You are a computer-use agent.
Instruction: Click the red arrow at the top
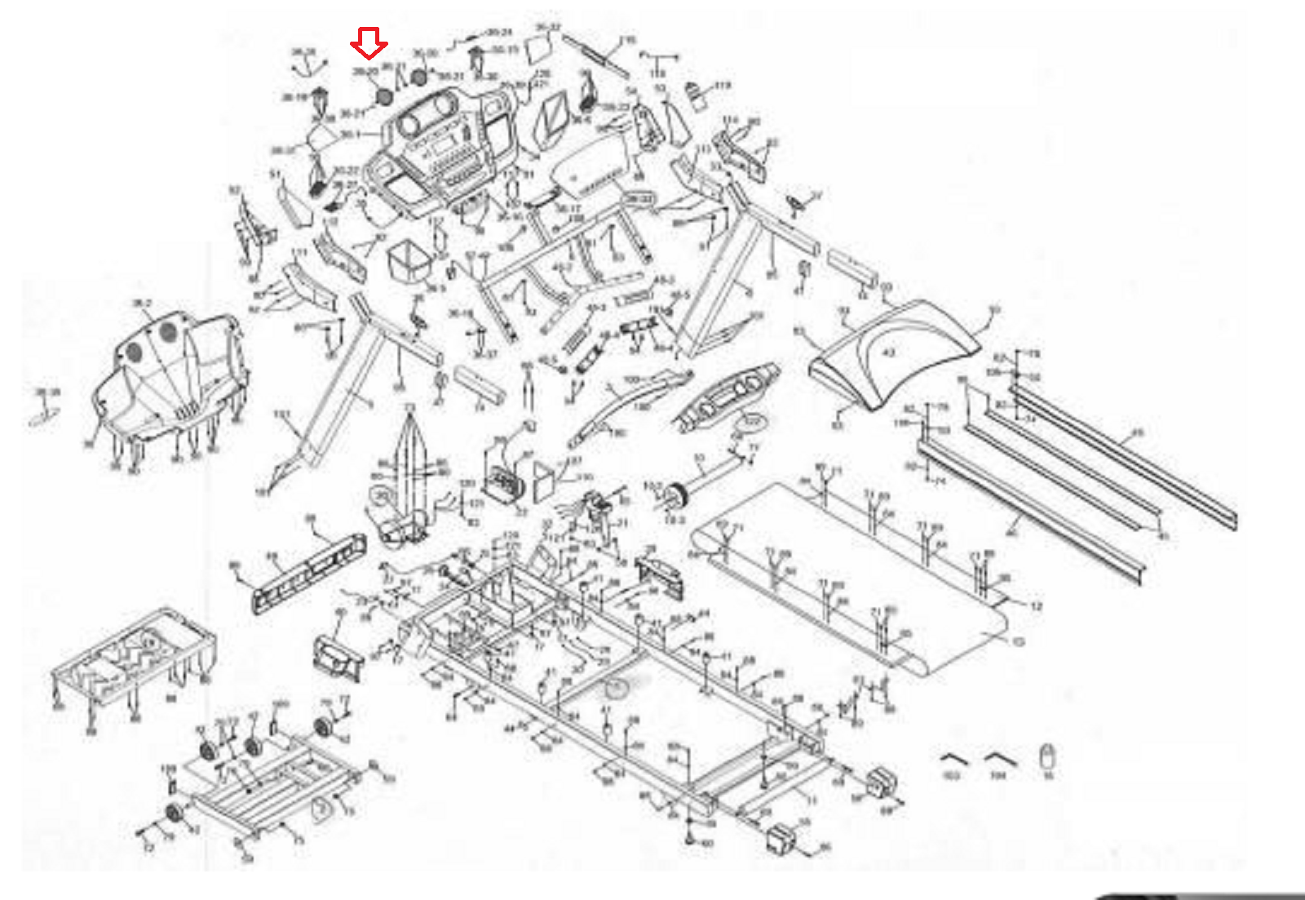pyautogui.click(x=369, y=42)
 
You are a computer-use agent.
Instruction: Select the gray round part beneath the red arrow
pyautogui.click(x=384, y=95)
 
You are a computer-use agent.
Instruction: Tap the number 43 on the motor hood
pyautogui.click(x=889, y=352)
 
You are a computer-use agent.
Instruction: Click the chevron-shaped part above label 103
pyautogui.click(x=953, y=758)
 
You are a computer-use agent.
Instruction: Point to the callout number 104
pyautogui.click(x=998, y=775)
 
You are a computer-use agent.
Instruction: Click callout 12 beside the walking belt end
pyautogui.click(x=1036, y=606)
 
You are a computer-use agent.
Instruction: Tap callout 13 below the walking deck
pyautogui.click(x=1018, y=642)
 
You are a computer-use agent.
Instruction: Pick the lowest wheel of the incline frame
pyautogui.click(x=174, y=814)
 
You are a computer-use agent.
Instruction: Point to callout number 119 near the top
pyautogui.click(x=723, y=85)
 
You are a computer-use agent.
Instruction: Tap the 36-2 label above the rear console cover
pyautogui.click(x=142, y=304)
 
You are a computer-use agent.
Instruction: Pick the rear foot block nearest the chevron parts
pyautogui.click(x=882, y=781)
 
